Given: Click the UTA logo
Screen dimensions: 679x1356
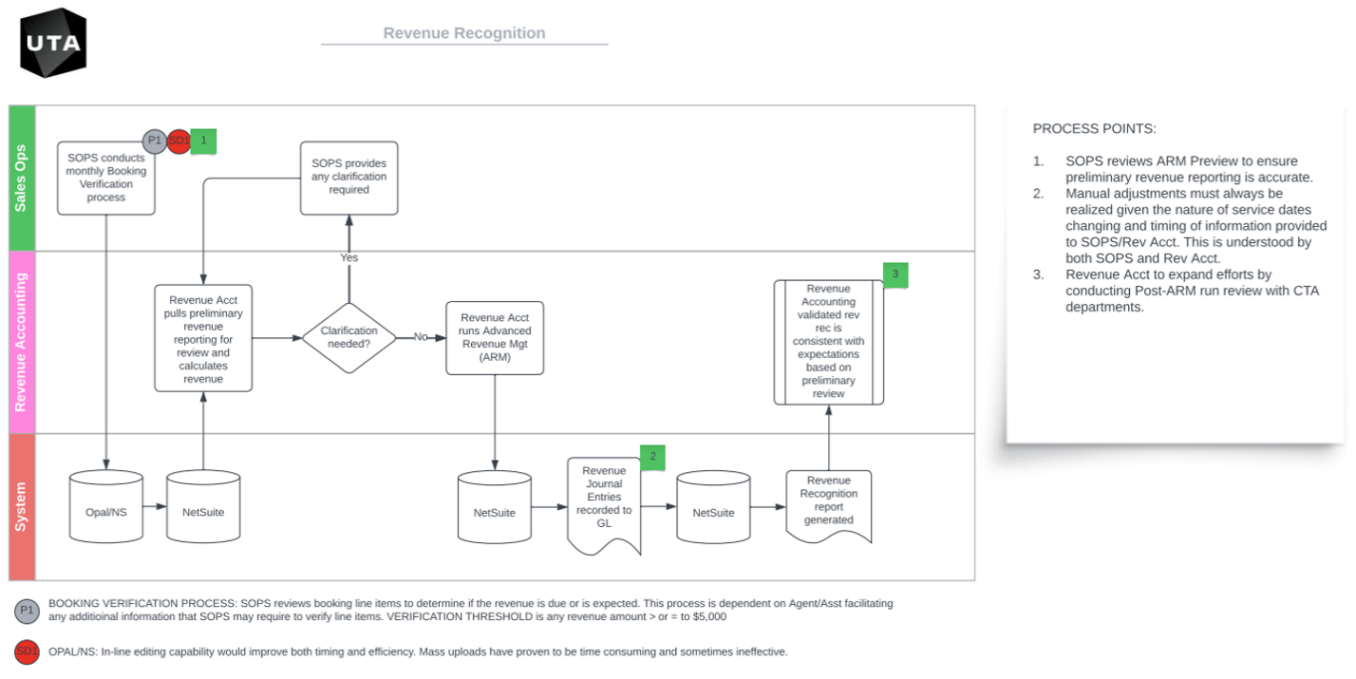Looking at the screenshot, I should tap(53, 42).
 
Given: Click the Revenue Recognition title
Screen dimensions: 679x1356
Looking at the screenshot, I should tap(463, 33).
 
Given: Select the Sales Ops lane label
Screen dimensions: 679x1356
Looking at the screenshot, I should tap(22, 178).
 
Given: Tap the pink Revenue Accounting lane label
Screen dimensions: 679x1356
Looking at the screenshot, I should tap(22, 342).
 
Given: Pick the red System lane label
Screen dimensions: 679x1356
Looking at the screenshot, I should tap(22, 507).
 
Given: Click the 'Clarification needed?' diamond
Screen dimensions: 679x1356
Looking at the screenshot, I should tap(349, 337).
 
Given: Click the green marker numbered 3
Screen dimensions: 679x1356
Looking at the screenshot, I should tap(895, 275).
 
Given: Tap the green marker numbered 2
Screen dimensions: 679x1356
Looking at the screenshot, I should tap(652, 458).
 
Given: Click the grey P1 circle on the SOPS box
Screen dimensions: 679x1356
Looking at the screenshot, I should tap(155, 141).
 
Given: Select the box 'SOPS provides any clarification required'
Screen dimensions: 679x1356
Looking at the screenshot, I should tap(349, 178).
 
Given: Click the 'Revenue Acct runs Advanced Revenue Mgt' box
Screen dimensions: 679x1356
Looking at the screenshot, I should tap(495, 337).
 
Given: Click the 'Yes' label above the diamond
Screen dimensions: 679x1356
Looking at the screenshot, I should tap(349, 257).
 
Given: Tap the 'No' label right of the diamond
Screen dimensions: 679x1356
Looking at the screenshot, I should tap(421, 337).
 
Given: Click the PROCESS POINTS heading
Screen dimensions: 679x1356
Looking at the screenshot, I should tap(1094, 128).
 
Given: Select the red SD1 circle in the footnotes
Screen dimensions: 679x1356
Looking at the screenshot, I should tap(27, 652).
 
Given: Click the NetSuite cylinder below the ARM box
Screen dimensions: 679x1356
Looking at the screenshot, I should tap(495, 512).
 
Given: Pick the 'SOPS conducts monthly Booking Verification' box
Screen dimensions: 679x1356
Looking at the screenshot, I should tap(106, 178).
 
